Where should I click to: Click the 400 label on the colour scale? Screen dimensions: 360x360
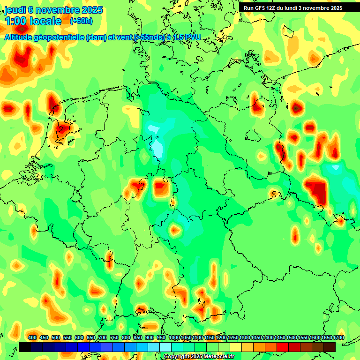(x=32, y=338)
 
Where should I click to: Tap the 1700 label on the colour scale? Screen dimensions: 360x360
(x=326, y=338)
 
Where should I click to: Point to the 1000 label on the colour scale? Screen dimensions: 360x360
(x=174, y=338)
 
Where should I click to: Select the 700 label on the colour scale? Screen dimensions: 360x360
(x=103, y=338)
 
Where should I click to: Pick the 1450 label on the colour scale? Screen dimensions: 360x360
(x=280, y=338)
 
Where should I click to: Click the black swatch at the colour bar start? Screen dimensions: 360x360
(x=25, y=347)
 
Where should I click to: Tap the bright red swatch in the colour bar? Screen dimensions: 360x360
(x=283, y=347)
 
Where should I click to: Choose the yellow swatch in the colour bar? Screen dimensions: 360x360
(x=236, y=347)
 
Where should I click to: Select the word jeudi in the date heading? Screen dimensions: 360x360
(x=15, y=10)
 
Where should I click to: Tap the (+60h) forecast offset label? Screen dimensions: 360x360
(x=81, y=21)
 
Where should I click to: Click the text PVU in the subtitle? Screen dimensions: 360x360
(x=192, y=37)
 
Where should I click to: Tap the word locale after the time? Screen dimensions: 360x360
(x=45, y=21)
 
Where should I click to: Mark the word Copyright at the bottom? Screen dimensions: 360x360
(x=177, y=357)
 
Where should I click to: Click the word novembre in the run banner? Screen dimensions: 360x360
(x=318, y=8)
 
